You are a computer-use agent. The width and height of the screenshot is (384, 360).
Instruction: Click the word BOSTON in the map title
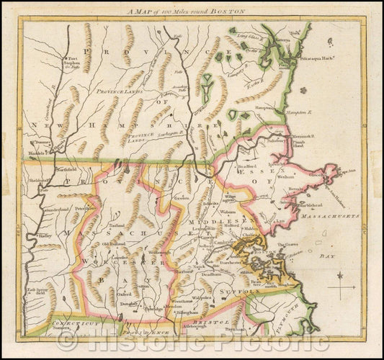tap(228, 12)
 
